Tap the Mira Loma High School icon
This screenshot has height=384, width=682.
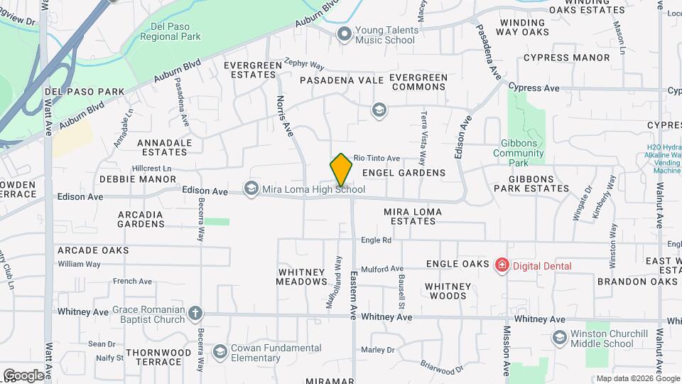[x=250, y=188]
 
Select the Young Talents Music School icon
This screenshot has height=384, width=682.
[x=345, y=33]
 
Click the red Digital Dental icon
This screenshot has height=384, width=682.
[x=502, y=266]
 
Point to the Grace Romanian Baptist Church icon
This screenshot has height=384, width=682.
[x=195, y=312]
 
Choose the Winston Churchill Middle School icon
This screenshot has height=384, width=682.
[x=559, y=337]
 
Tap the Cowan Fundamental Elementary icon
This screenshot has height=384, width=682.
[x=220, y=351]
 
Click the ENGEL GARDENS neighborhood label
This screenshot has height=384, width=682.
[x=404, y=173]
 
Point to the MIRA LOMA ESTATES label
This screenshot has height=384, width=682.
[x=413, y=216]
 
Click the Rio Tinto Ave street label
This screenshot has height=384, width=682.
[x=377, y=158]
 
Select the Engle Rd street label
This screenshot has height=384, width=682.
[x=376, y=240]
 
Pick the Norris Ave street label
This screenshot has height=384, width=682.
[x=285, y=116]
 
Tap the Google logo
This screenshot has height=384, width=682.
[x=23, y=375]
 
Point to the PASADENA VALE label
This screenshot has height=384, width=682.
[x=342, y=81]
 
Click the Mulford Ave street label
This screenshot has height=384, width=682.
[x=381, y=269]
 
